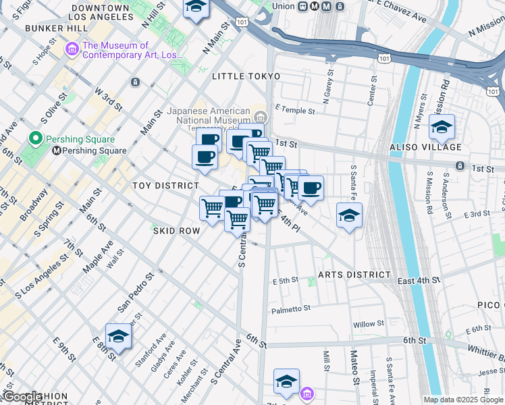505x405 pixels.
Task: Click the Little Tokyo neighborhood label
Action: [241, 76]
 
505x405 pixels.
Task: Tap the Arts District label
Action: [354, 275]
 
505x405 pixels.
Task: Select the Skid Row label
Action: [177, 231]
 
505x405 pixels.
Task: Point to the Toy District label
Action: [165, 186]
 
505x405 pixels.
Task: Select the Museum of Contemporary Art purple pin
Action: [72, 49]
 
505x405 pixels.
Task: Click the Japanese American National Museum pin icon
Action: [261, 114]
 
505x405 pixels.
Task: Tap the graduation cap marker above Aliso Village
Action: [442, 127]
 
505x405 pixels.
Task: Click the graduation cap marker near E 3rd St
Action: [348, 216]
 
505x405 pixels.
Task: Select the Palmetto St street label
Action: [291, 309]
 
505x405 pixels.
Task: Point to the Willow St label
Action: [368, 324]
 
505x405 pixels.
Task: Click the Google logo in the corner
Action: [22, 397]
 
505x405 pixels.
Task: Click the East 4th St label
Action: [419, 280]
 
